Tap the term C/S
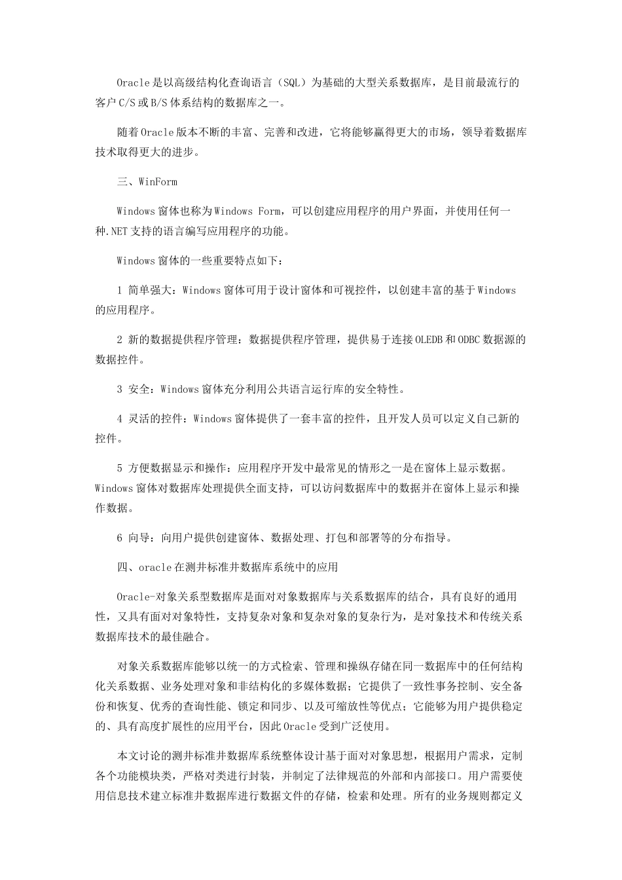[126, 102]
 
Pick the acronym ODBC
[469, 339]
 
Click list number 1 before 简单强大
[119, 290]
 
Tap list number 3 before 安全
[119, 389]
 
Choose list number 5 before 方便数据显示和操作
[119, 468]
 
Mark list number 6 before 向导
[119, 538]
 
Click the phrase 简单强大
[151, 290]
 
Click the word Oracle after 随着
[157, 132]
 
